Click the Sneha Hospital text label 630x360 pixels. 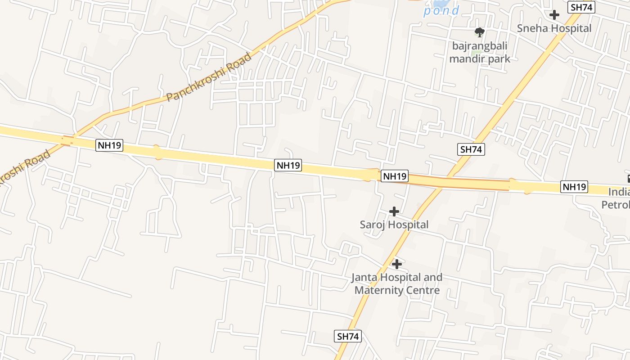(x=554, y=28)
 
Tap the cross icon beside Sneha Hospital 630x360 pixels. (x=554, y=15)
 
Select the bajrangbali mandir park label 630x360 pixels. (x=480, y=52)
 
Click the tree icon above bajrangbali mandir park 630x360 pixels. (x=480, y=32)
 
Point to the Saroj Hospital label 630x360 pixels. (x=394, y=224)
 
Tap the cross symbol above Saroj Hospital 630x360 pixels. (x=394, y=211)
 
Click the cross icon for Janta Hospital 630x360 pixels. (x=396, y=264)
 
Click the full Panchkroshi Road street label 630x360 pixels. (x=209, y=77)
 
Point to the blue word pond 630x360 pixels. (x=441, y=10)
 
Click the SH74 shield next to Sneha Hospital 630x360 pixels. (x=582, y=7)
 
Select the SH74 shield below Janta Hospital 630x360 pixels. (x=348, y=336)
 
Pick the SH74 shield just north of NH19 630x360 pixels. (x=471, y=149)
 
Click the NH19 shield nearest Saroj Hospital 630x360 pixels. (x=395, y=176)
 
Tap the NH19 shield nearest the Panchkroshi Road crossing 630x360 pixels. (x=109, y=146)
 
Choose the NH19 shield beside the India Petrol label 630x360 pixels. (x=574, y=186)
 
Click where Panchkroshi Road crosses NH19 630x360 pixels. (x=67, y=141)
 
